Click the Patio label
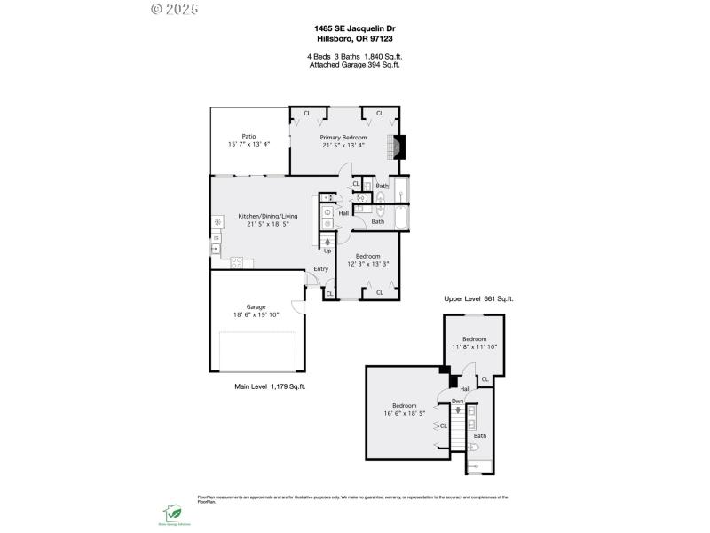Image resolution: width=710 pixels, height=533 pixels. [x=248, y=136]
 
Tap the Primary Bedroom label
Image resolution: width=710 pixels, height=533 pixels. [x=343, y=138]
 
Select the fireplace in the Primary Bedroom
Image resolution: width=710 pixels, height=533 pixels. [x=398, y=147]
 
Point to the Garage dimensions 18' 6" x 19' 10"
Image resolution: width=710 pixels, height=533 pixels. [x=256, y=314]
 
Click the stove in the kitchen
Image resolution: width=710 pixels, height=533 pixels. [x=238, y=261]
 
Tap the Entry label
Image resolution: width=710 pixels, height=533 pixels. [x=320, y=270]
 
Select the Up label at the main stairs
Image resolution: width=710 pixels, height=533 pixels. [x=327, y=251]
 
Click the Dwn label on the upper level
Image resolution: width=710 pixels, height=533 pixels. [x=457, y=402]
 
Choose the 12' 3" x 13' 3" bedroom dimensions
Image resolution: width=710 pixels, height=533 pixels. [x=367, y=264]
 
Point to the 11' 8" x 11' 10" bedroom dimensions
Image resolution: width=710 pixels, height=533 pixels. [x=475, y=346]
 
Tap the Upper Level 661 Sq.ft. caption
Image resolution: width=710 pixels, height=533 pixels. [x=478, y=299]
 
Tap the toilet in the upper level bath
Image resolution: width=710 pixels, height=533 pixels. [x=474, y=449]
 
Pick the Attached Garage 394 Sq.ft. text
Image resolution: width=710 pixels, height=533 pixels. [x=354, y=65]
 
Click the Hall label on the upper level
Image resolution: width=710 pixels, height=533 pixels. [x=464, y=388]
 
